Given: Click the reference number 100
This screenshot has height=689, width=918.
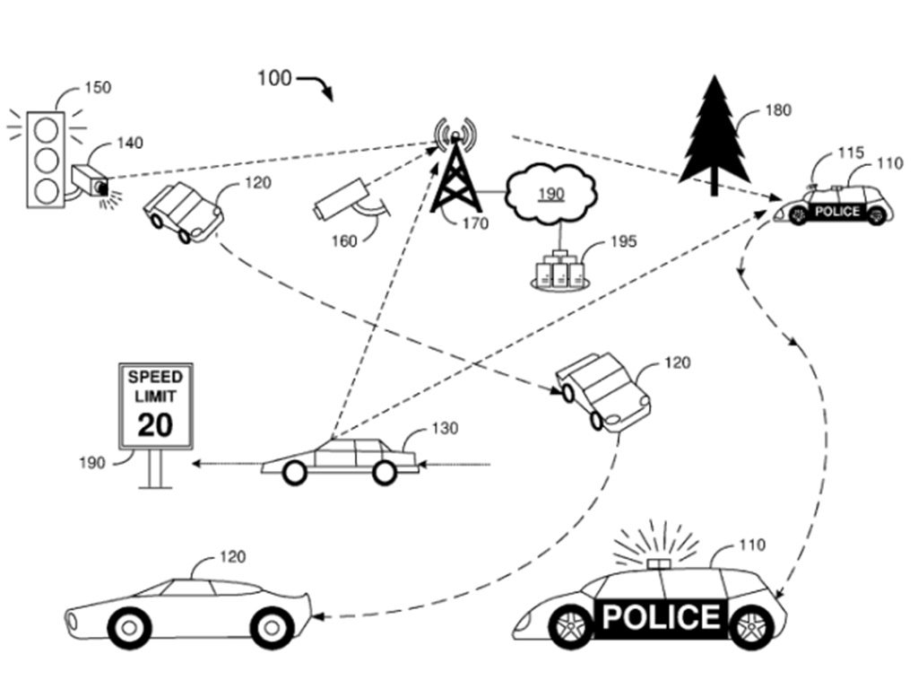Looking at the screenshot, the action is pos(274,78).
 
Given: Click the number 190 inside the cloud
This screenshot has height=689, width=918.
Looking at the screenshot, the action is pos(551,194).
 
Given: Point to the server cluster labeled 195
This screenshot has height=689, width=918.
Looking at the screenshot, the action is pos(560,269).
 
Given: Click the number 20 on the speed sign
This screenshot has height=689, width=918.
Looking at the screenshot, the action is pos(155,424).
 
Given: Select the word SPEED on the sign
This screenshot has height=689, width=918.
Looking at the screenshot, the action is pos(156,377).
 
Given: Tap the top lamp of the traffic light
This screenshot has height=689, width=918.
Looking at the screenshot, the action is pos(47,129).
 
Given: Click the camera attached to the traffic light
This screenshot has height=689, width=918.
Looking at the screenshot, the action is pos(91,179).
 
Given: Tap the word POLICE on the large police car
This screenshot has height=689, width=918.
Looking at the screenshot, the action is pos(661,617).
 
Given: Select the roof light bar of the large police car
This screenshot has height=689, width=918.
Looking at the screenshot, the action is pos(659,563).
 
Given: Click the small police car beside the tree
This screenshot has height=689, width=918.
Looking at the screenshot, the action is pos(834,205).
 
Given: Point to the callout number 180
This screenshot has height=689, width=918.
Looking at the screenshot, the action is pos(778,110).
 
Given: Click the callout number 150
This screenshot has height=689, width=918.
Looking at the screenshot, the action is pos(98,87).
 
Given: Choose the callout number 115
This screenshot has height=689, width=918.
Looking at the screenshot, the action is pos(851,153).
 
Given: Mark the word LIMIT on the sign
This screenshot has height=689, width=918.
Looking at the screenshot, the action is pos(155,397).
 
